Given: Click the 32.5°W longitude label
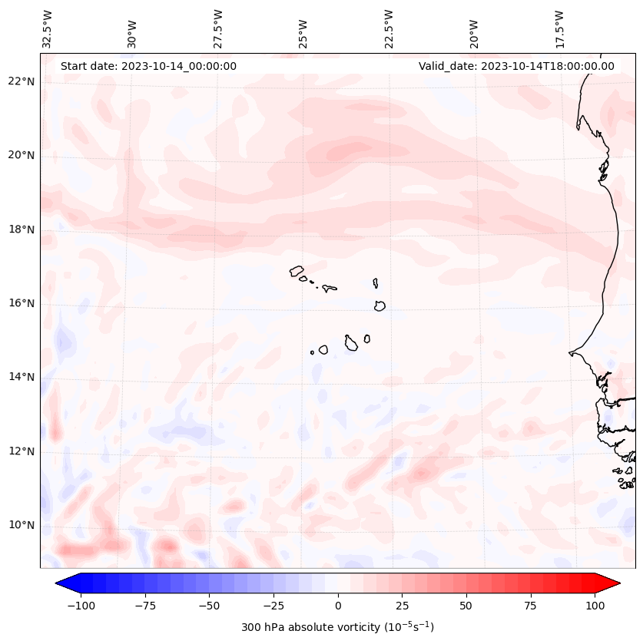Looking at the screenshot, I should click(x=48, y=28).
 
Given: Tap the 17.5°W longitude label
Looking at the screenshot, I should click(x=559, y=28).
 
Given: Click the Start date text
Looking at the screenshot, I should click(x=148, y=66).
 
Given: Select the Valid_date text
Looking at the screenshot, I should click(x=516, y=66).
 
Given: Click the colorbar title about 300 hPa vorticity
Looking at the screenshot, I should click(x=337, y=627).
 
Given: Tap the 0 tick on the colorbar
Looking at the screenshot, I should click(x=337, y=606).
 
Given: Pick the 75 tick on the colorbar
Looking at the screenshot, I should click(x=530, y=606).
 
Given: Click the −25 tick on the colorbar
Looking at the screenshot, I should click(x=273, y=606).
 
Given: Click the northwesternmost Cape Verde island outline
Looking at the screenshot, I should click(x=297, y=271).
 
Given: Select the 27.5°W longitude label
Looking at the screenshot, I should click(x=218, y=28).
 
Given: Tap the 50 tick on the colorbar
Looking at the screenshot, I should click(x=466, y=606).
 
